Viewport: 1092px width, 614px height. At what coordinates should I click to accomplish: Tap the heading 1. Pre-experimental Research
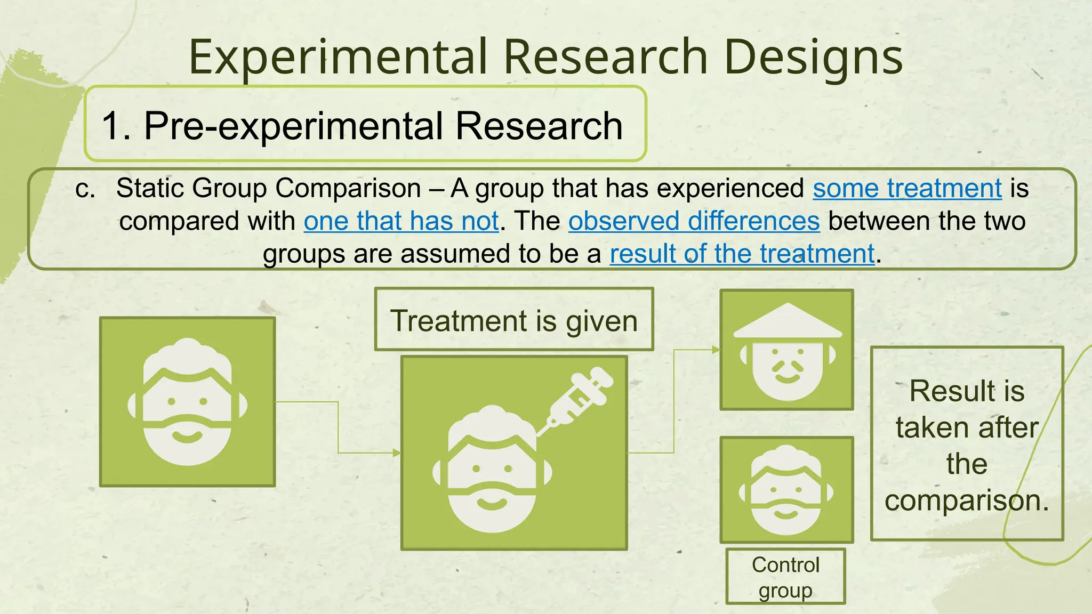[363, 126]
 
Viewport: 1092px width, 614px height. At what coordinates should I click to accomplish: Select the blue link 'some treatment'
[907, 188]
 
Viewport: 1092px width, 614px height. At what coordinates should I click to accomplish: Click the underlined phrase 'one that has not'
[401, 221]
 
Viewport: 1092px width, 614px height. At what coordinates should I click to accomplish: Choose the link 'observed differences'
[694, 221]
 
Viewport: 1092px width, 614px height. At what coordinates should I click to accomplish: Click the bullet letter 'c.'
[85, 189]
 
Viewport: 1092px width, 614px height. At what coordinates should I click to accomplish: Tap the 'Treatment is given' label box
[514, 320]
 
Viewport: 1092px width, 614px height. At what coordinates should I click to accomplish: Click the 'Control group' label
[785, 577]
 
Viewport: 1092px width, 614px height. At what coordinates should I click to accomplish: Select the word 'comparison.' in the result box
[967, 500]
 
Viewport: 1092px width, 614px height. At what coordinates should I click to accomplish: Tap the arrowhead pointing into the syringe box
[397, 453]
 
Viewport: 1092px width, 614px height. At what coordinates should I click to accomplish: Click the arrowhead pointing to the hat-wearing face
[716, 350]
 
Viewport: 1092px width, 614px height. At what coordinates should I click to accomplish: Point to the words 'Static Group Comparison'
[268, 188]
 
